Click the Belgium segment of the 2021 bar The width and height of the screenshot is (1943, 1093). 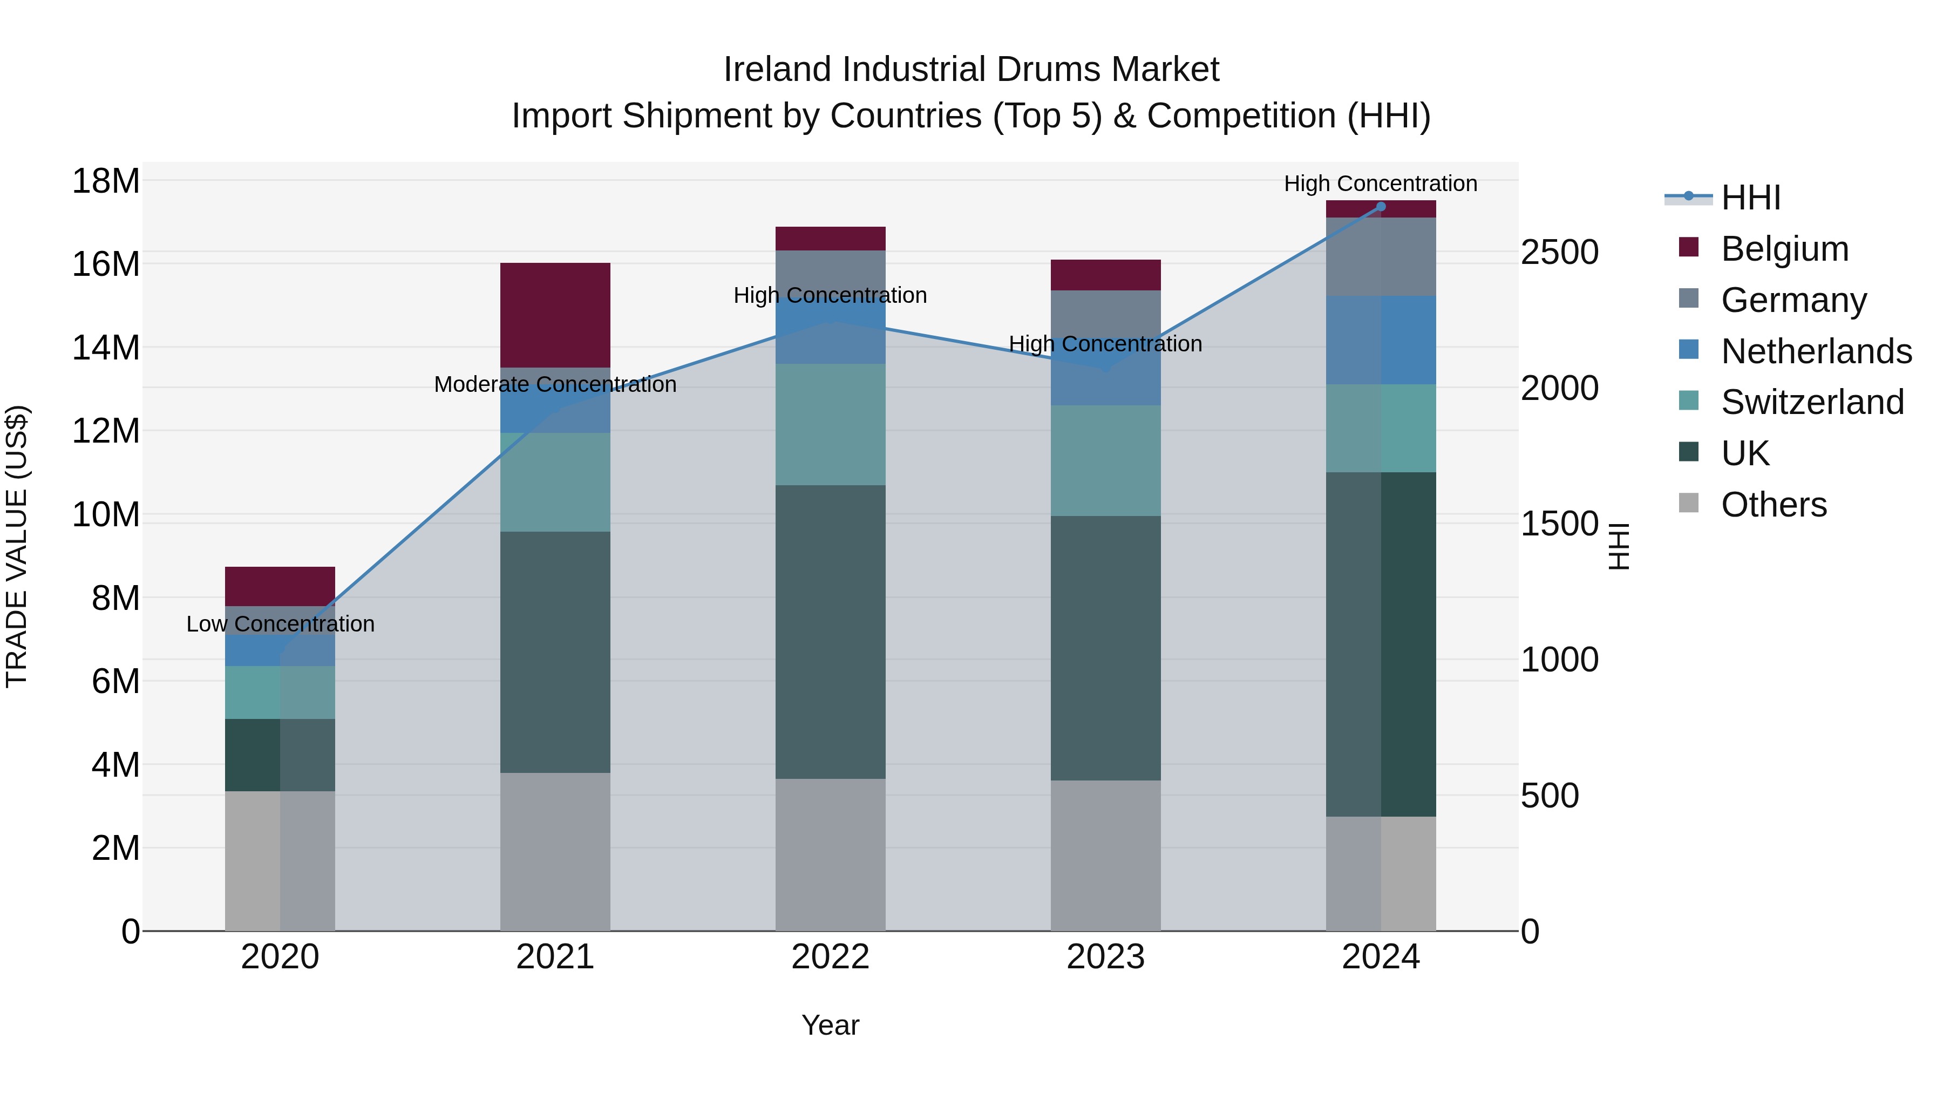[555, 315]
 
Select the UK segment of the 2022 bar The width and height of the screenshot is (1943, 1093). [831, 632]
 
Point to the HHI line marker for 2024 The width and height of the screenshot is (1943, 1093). [1381, 206]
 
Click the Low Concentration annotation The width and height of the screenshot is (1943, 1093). [280, 624]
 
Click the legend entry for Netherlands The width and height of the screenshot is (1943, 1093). [1816, 351]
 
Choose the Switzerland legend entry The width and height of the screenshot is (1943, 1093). [1812, 402]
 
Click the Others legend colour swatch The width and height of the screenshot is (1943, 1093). [1689, 503]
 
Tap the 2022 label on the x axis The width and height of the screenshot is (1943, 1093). [831, 957]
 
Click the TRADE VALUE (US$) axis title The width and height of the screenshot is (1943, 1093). [17, 546]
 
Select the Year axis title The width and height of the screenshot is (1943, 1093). [831, 1025]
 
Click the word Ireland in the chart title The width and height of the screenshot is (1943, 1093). [778, 70]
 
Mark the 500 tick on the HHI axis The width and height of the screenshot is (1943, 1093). [1549, 796]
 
